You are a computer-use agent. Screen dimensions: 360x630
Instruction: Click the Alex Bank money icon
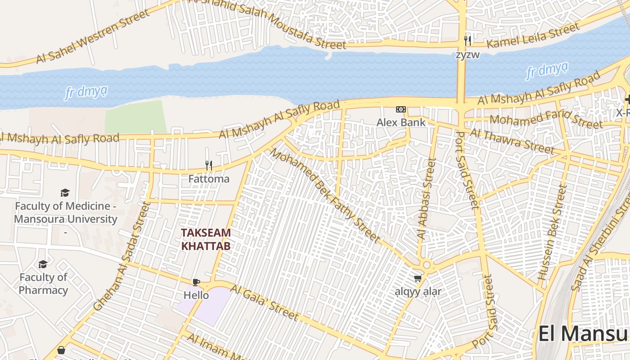click(x=400, y=109)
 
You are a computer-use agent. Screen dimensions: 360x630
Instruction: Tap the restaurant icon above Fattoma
click(x=209, y=166)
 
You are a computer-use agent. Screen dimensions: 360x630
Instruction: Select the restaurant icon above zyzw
click(x=468, y=41)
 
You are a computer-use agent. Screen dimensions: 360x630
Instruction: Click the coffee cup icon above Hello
click(x=196, y=282)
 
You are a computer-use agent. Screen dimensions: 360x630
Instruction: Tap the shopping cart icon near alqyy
click(x=418, y=279)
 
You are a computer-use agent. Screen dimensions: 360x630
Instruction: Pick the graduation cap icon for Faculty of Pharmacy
click(x=43, y=264)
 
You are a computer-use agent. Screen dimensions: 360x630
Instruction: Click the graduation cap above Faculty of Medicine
click(x=65, y=193)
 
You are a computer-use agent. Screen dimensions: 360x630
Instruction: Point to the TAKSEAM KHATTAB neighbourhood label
click(x=206, y=239)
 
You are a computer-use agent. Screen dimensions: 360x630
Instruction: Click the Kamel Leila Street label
click(x=533, y=36)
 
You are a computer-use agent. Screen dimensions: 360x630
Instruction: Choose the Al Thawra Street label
click(x=512, y=141)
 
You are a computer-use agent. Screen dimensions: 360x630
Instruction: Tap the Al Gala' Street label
click(x=264, y=303)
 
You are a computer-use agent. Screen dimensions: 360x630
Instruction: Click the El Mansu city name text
click(x=583, y=334)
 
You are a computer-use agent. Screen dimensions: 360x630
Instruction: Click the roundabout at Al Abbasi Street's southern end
click(x=427, y=265)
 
